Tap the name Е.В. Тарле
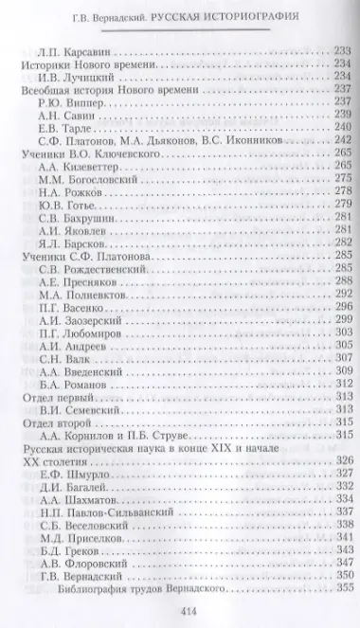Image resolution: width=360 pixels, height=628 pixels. (x=69, y=127)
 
